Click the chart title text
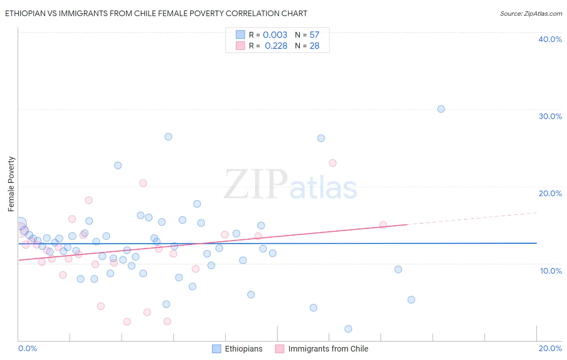156,13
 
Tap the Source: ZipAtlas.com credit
531,13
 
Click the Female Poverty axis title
11,184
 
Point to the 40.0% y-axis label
550,39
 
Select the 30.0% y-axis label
550,116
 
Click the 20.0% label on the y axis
550,193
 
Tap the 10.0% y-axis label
551,271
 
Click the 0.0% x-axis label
27,348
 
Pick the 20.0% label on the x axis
550,348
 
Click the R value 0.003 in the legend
275,35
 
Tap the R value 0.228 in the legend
276,46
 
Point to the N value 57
314,35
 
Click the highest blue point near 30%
441,109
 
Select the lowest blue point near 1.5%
348,329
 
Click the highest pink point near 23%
333,163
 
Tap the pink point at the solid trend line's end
383,225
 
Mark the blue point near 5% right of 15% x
411,299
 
